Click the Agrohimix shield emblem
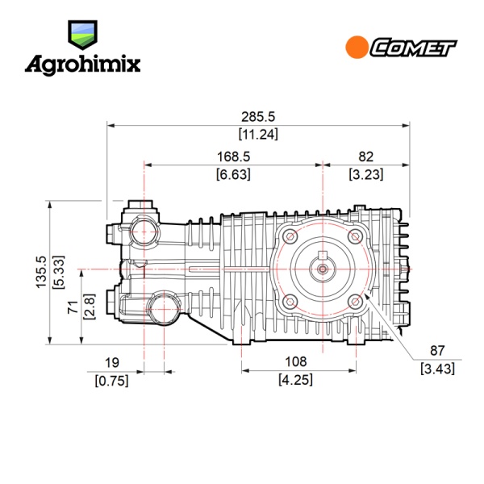(83, 35)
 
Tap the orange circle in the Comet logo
(357, 47)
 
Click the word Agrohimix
(83, 65)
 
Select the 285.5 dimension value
(258, 117)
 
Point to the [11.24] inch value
(258, 134)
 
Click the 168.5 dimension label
(233, 156)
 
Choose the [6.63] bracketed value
(233, 174)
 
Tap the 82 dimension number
(366, 156)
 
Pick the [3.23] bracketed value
(366, 174)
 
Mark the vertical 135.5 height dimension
(41, 273)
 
